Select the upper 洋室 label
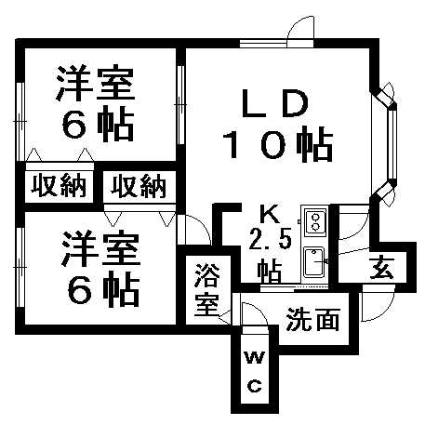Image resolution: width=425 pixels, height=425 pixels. pos(96,83)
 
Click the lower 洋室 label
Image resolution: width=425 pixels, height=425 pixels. pos(101,248)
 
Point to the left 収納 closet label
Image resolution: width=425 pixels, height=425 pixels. pos(59,186)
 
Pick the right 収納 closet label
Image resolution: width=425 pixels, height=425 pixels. pos(139,186)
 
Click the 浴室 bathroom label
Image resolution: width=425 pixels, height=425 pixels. pos(207,289)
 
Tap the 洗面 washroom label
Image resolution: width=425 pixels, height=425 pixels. pos(312,319)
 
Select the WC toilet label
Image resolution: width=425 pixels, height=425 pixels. pos(255,372)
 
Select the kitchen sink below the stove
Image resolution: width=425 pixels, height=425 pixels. pos(314,261)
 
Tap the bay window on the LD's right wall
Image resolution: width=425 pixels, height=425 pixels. pos(385,144)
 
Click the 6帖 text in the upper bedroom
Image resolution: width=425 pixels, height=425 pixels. pos(98,125)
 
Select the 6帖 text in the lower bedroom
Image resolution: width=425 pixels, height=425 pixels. pos(103,290)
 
